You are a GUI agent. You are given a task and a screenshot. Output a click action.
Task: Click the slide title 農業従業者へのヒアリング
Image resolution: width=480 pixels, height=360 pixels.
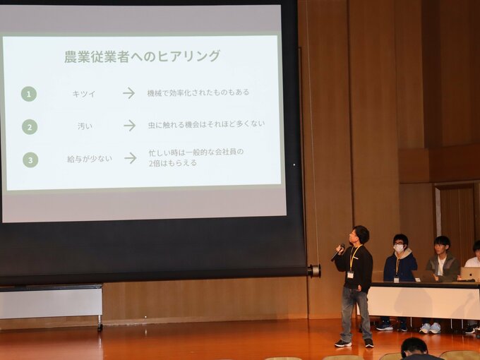click(142, 56)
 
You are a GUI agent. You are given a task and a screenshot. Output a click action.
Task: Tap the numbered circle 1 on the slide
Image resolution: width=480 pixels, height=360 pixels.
click(29, 94)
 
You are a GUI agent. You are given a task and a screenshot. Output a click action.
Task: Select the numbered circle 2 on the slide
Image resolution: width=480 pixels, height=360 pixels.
click(30, 127)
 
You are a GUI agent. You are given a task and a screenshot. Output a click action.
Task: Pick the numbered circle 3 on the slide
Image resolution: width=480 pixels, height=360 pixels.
click(30, 160)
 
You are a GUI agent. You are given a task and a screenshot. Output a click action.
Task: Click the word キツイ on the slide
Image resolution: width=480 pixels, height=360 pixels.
click(84, 94)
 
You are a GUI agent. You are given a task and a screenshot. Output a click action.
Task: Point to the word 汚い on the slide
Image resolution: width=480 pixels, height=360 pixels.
click(85, 126)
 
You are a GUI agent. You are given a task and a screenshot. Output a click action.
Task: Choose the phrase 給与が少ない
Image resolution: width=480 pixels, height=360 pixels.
click(90, 159)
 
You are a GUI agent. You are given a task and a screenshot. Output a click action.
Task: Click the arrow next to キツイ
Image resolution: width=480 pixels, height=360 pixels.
click(129, 93)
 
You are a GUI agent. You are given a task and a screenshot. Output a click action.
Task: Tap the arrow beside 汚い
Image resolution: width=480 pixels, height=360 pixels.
click(130, 125)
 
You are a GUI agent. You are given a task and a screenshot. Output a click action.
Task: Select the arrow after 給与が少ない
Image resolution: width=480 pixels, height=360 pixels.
click(131, 158)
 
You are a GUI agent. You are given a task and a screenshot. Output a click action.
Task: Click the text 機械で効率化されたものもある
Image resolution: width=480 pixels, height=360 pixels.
click(198, 92)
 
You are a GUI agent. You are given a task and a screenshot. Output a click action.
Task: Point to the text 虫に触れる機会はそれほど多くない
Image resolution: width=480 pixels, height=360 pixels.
click(206, 124)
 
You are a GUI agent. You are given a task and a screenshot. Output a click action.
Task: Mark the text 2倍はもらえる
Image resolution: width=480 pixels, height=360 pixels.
click(173, 163)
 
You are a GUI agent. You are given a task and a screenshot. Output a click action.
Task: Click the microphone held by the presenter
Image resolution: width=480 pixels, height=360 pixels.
click(337, 252)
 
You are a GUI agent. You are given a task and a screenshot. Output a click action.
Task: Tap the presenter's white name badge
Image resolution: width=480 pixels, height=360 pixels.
click(351, 275)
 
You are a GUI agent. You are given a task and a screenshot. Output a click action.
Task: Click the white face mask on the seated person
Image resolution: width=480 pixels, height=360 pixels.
click(399, 248)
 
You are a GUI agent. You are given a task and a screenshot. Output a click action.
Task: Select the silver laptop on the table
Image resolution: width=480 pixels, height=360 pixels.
click(470, 273)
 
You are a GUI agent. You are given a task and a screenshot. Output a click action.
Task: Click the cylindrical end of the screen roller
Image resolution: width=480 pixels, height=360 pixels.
click(314, 271)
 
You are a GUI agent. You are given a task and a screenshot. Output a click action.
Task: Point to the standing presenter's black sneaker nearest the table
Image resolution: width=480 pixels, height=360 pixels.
click(369, 343)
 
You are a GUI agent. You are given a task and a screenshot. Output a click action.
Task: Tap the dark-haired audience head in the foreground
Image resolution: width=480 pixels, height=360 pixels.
click(414, 349)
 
